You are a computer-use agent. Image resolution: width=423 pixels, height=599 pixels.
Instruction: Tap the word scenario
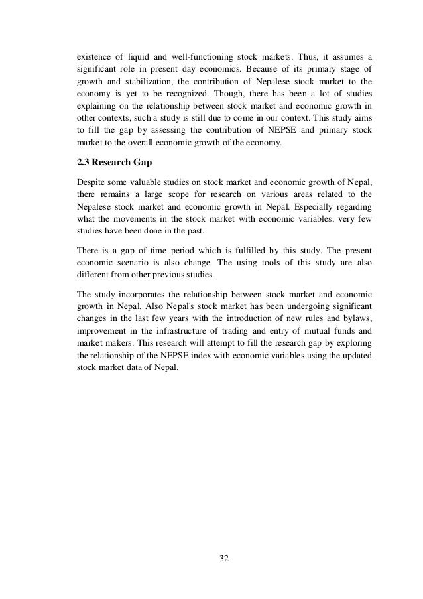coord(133,263)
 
